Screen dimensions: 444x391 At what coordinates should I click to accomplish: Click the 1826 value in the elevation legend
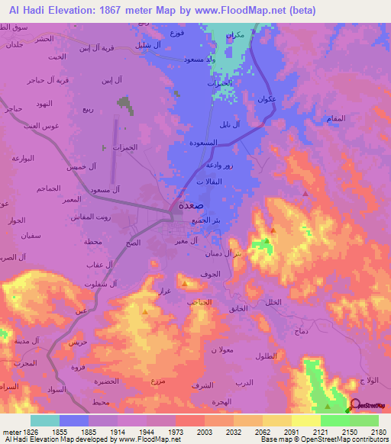[20, 431]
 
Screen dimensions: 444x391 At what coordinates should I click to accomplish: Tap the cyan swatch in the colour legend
[45, 420]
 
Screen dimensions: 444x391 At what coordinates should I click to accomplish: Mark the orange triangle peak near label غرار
[144, 311]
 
